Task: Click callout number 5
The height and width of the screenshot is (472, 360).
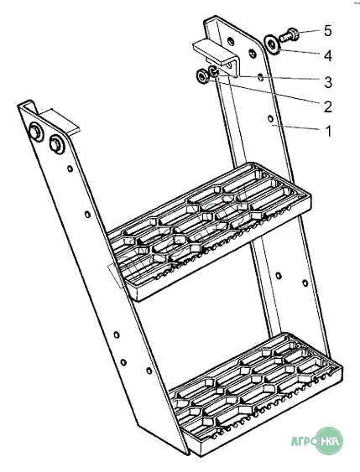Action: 328,31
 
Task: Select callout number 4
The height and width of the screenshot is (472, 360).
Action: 328,56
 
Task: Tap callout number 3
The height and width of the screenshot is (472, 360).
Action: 328,82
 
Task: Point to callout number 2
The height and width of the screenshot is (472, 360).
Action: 328,106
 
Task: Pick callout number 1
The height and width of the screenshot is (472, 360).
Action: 329,132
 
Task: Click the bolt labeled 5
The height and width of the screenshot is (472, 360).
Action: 289,35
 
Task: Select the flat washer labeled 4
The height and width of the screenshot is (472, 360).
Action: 273,44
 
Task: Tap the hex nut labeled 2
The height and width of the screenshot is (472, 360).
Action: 201,75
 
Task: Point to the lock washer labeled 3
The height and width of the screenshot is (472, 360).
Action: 214,71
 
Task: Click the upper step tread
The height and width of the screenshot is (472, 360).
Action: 210,231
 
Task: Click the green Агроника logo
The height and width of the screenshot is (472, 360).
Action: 317,441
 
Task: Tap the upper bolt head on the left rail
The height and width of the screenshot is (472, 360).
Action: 35,132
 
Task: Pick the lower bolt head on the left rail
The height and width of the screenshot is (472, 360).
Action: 56,143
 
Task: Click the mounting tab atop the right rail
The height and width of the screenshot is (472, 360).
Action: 216,53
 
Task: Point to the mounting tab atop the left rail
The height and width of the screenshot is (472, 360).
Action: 60,121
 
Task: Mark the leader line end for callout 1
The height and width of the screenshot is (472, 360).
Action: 273,125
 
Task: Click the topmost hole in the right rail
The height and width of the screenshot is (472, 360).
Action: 231,41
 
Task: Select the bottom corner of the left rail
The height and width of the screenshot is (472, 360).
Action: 187,454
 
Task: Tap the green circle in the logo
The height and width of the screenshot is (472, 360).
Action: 330,441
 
